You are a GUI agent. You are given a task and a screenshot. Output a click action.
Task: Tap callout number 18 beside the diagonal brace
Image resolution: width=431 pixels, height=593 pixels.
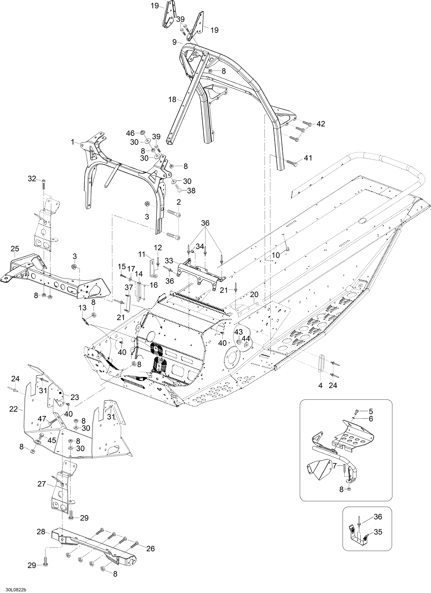(172, 100)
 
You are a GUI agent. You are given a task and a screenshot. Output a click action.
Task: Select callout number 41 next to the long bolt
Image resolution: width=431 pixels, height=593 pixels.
(308, 158)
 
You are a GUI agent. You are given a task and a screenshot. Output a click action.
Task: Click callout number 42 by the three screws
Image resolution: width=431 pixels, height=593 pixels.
(321, 124)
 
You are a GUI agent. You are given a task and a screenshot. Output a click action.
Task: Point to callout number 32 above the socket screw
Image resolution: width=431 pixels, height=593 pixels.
(32, 179)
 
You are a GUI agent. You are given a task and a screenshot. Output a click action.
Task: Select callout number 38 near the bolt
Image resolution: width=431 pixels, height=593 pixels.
(191, 191)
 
